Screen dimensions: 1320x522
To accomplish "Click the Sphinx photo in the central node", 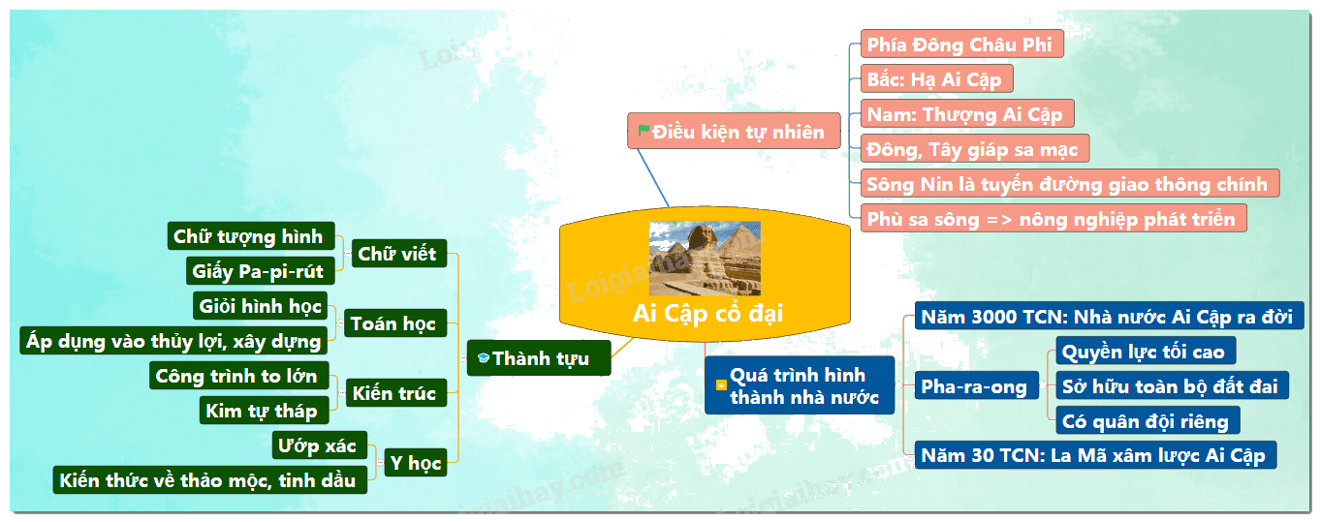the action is pyautogui.click(x=705, y=258).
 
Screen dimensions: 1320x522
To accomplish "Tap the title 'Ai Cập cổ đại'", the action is pyautogui.click(x=707, y=313).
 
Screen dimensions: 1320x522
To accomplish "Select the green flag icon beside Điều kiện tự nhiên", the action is pyautogui.click(x=644, y=130).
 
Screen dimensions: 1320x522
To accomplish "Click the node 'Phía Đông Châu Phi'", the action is pyautogui.click(x=961, y=45).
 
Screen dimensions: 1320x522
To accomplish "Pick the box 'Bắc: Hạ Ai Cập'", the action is pyautogui.click(x=936, y=79).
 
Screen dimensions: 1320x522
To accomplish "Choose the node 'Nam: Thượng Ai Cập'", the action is pyautogui.click(x=967, y=113).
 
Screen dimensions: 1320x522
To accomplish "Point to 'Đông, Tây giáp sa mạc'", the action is pyautogui.click(x=975, y=148).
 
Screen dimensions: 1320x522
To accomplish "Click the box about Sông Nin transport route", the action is pyautogui.click(x=1070, y=183).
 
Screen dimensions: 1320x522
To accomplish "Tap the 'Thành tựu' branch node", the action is pyautogui.click(x=539, y=357).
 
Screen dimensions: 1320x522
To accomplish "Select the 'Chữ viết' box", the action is pyautogui.click(x=399, y=254).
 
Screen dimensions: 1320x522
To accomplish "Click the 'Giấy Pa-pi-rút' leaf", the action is pyautogui.click(x=260, y=271).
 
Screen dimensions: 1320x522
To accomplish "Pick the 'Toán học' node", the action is pyautogui.click(x=394, y=322).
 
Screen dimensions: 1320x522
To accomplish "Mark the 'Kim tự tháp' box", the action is pyautogui.click(x=264, y=410).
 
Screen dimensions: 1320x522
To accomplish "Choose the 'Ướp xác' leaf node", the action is pyautogui.click(x=319, y=445).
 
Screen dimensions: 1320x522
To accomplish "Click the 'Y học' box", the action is pyautogui.click(x=416, y=463).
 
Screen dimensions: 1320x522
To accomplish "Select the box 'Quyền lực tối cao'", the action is pyautogui.click(x=1146, y=352).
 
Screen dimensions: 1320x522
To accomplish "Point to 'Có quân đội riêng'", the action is pyautogui.click(x=1147, y=420).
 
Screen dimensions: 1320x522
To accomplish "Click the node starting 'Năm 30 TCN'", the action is pyautogui.click(x=1095, y=455).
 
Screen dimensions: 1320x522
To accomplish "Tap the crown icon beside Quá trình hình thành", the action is pyautogui.click(x=721, y=384).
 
